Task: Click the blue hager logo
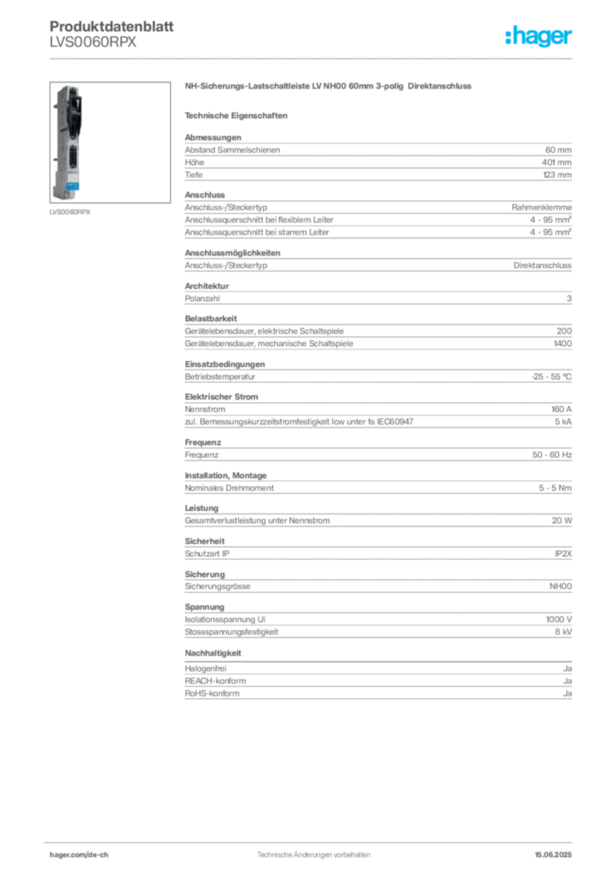coord(539,37)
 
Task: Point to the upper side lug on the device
coord(53,111)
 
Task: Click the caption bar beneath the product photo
coord(71,212)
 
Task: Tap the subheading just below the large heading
coord(238,115)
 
